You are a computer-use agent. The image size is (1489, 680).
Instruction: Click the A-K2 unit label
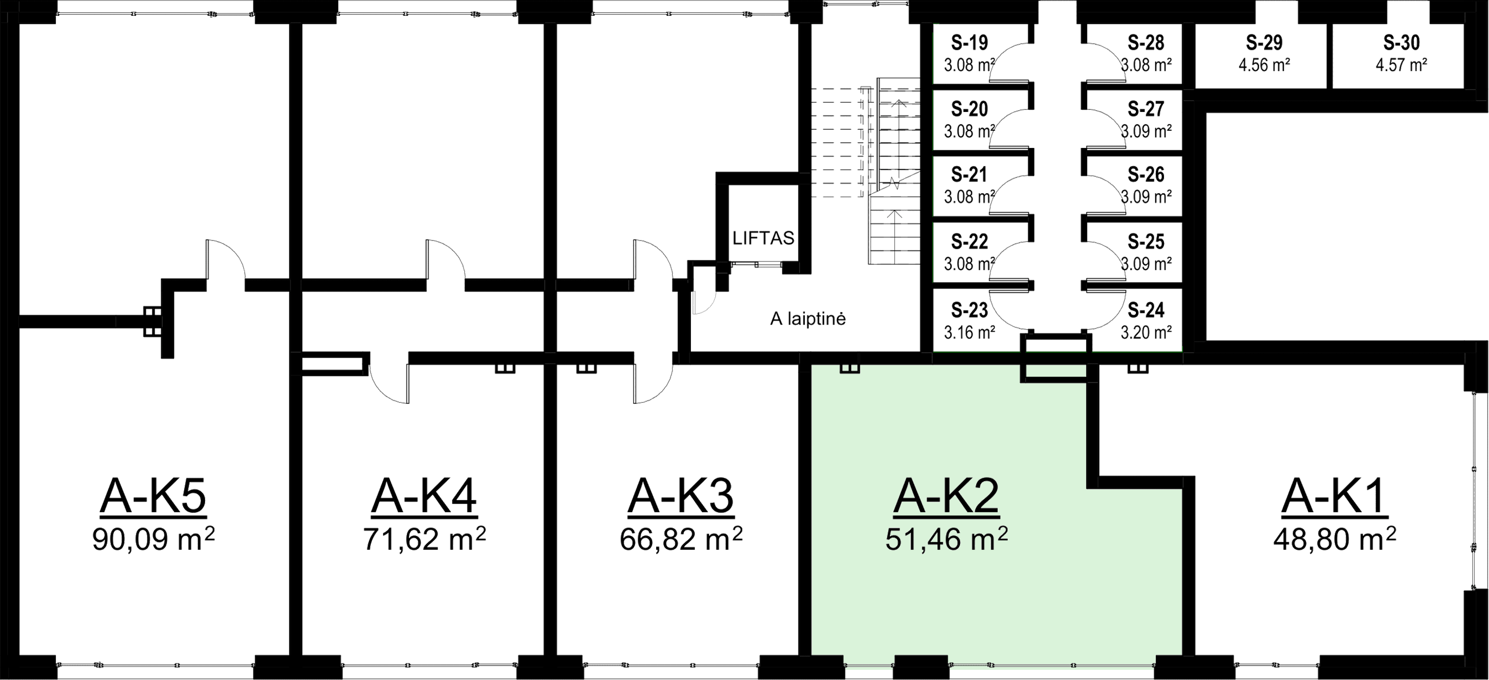pos(946,497)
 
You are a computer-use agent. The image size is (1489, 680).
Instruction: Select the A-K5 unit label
pos(153,497)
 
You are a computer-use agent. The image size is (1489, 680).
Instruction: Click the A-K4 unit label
pos(424,497)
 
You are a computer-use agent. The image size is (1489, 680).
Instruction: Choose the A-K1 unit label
pos(1334,497)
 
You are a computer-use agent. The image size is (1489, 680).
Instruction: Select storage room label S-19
pos(970,42)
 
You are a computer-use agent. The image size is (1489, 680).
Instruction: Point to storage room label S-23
pos(970,310)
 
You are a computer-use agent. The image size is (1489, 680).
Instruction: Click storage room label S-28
pos(1146,42)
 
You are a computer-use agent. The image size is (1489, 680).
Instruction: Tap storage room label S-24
pos(1146,310)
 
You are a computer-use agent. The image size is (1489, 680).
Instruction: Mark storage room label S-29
pos(1264,42)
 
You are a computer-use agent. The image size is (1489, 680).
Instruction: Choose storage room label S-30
pos(1402,42)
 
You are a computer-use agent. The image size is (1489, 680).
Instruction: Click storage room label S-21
pos(970,174)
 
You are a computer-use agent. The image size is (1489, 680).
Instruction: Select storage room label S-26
pos(1146,174)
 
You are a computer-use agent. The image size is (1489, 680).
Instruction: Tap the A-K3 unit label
pos(680,497)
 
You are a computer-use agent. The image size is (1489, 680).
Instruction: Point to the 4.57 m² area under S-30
pos(1402,64)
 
